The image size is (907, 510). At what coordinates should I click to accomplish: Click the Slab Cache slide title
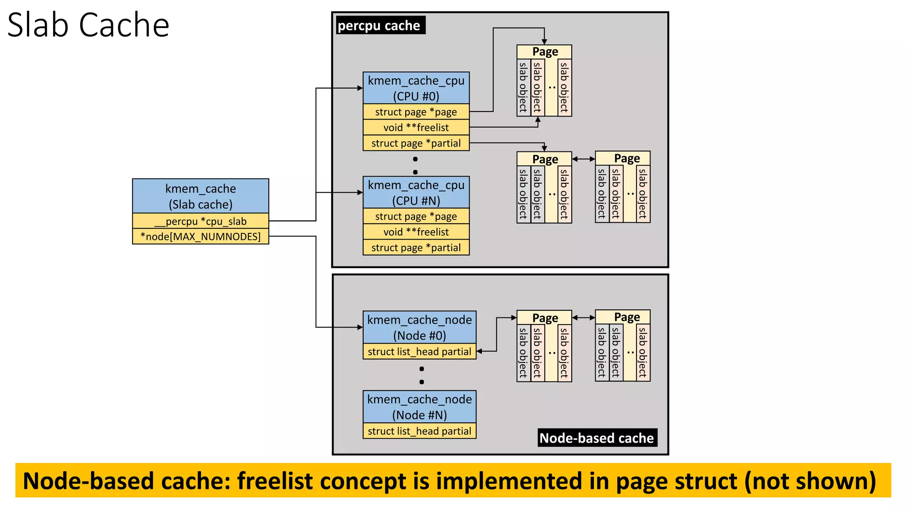click(88, 25)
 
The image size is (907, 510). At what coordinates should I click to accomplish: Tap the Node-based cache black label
click(597, 438)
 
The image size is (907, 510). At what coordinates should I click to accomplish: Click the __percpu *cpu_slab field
click(200, 221)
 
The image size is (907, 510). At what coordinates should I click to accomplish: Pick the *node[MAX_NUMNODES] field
click(200, 236)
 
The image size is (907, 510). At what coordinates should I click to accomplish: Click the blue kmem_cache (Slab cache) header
click(200, 196)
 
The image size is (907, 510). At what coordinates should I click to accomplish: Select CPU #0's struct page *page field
click(416, 112)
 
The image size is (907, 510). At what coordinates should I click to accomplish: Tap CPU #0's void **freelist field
click(416, 127)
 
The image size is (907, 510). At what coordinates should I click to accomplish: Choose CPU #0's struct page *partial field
click(416, 143)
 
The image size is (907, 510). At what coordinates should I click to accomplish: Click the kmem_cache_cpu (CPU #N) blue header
click(416, 193)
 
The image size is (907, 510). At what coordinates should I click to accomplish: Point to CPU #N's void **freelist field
click(416, 232)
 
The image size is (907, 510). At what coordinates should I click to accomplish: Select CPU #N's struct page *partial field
click(416, 247)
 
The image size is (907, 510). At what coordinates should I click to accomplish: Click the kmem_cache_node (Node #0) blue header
click(419, 327)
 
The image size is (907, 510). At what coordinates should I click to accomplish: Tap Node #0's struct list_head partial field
click(419, 352)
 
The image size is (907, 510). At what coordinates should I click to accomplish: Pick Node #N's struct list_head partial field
click(419, 431)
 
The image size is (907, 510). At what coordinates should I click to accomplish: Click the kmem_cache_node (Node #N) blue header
click(419, 407)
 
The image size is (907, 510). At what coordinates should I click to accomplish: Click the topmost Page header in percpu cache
click(544, 52)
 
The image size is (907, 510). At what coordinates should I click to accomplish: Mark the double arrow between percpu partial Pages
click(583, 158)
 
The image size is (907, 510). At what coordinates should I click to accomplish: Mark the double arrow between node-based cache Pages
click(583, 317)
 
